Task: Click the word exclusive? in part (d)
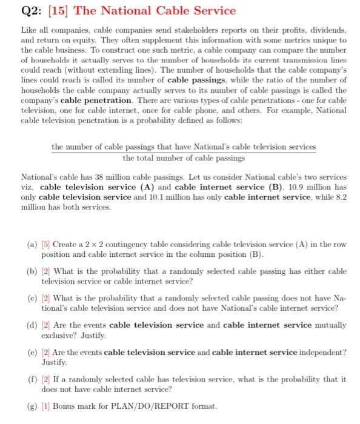coord(60,335)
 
